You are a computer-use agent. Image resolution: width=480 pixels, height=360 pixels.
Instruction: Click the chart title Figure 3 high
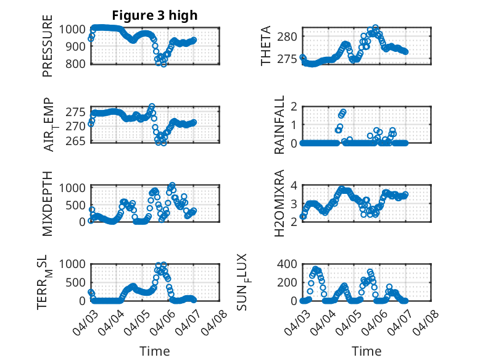(x=155, y=15)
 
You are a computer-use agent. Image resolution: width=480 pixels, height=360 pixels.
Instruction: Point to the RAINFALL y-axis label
(x=279, y=125)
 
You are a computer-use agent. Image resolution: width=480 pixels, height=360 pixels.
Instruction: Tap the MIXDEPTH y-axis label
(x=48, y=203)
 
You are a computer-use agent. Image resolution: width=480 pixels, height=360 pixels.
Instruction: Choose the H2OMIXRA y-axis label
(x=279, y=203)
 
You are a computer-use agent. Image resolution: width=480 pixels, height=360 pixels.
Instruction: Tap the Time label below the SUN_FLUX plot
(x=366, y=351)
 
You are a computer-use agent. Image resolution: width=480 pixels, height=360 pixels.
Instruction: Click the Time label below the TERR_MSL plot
(x=155, y=351)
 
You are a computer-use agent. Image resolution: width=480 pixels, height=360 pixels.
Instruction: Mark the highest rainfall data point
(x=344, y=112)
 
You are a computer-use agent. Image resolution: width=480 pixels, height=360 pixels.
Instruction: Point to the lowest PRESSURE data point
(x=163, y=64)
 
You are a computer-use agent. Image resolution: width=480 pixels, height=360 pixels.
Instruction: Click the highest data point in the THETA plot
(x=375, y=28)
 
